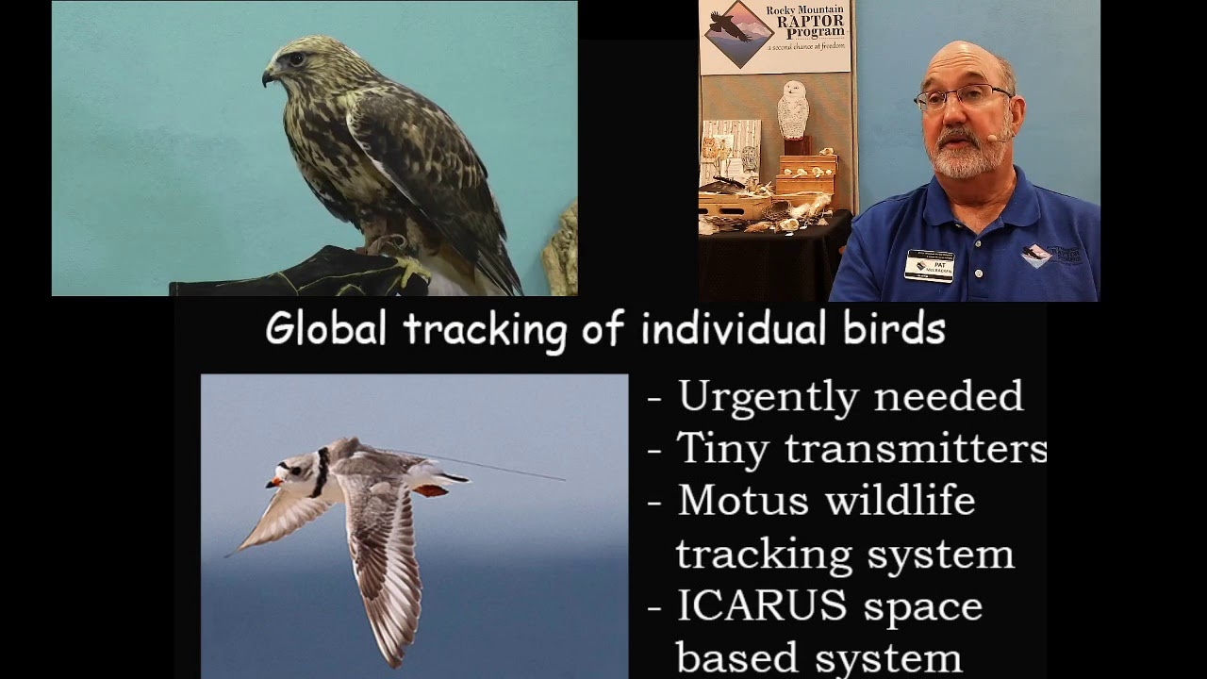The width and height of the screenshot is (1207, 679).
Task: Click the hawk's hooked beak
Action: (x=268, y=75)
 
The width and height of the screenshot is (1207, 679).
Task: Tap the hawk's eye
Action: (x=296, y=59)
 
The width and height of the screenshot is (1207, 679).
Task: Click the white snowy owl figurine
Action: (x=793, y=110)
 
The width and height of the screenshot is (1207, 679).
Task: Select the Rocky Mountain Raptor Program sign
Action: (x=775, y=37)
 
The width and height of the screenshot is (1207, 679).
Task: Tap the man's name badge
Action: (x=929, y=265)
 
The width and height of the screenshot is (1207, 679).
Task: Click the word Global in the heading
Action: (x=326, y=329)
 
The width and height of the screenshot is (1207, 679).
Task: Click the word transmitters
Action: (x=916, y=450)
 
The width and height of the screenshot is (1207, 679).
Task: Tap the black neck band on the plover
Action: (x=322, y=472)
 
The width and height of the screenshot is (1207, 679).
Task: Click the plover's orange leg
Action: (x=431, y=490)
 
